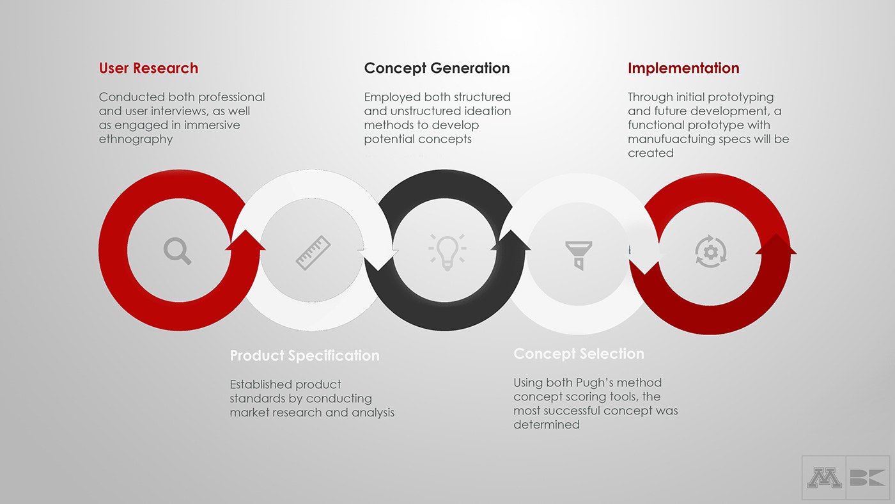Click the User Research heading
[148, 68]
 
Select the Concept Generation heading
[437, 68]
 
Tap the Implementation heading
[683, 68]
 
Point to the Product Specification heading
[304, 356]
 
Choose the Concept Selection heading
[579, 354]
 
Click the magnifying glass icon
[178, 251]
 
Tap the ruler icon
[313, 253]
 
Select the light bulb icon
[447, 252]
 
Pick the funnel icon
[579, 255]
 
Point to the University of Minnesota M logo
[824, 478]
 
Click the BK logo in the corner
[868, 478]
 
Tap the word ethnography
[136, 139]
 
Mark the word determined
[546, 425]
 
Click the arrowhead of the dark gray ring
[511, 241]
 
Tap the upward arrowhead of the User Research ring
[245, 240]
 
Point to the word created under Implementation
[651, 153]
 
